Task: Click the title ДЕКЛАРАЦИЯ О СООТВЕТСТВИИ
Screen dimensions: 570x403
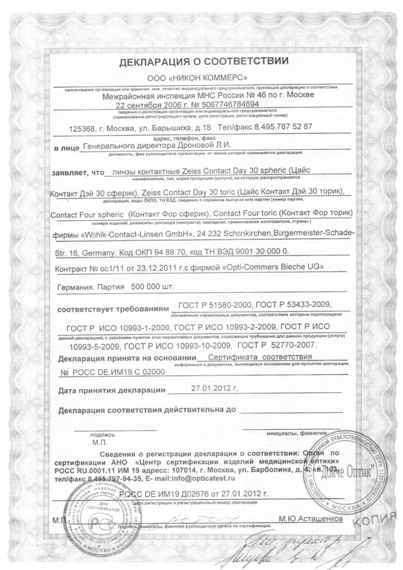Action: click(x=203, y=62)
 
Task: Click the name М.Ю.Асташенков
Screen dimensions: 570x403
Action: click(x=310, y=520)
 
